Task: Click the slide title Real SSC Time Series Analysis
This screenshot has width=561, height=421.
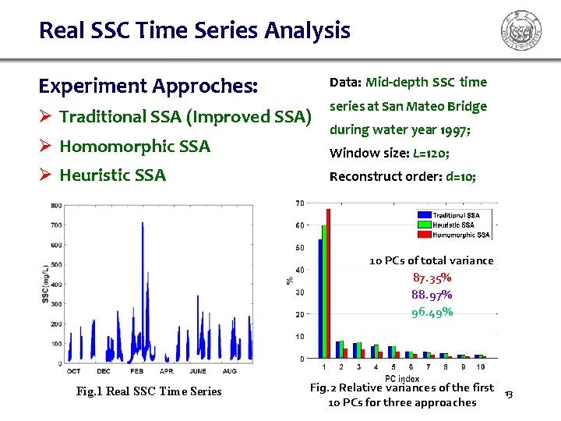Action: (x=194, y=31)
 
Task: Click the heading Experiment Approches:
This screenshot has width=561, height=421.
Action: (x=148, y=85)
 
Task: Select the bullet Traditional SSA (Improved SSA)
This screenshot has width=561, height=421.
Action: (x=185, y=117)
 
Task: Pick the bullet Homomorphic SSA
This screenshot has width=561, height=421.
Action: (x=134, y=146)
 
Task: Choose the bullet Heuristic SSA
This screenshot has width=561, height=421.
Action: (x=112, y=175)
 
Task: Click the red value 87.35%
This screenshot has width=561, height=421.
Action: (x=432, y=278)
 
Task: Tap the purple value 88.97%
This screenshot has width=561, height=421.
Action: (x=432, y=295)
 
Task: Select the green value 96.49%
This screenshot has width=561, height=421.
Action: (x=432, y=312)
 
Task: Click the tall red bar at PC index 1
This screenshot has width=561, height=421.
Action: (x=329, y=284)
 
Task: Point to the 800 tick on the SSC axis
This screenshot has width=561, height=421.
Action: (x=56, y=206)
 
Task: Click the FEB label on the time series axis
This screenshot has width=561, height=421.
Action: (x=136, y=371)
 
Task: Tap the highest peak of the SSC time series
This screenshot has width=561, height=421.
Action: (x=142, y=224)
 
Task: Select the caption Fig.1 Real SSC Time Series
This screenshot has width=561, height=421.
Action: (x=148, y=391)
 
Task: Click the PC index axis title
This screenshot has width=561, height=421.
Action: (x=401, y=377)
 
